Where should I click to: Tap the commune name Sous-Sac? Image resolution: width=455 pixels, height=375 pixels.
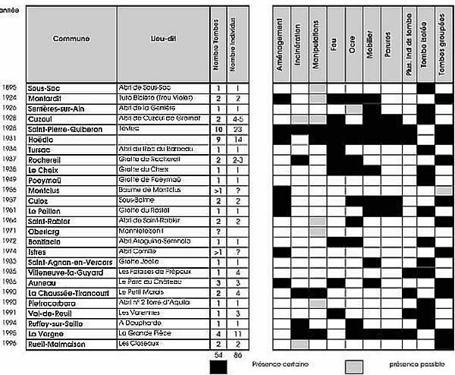pos(45,89)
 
